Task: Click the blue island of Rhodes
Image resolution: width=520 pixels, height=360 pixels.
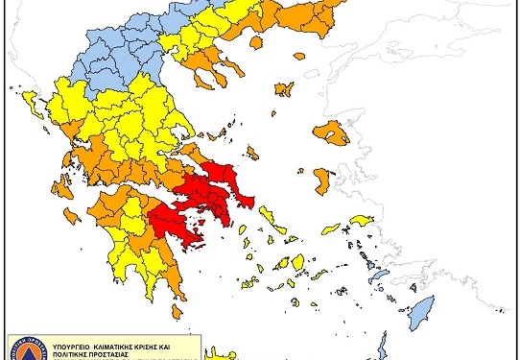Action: click(x=420, y=314)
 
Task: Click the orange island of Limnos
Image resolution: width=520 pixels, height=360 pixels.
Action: click(x=282, y=90)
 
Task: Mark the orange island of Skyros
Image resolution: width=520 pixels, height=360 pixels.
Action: click(x=252, y=152)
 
